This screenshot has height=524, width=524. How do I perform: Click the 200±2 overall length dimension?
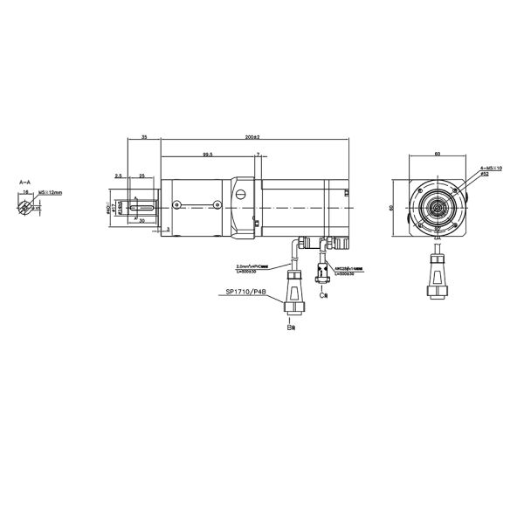pos(254,138)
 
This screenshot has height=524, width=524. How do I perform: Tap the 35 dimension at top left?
pos(143,138)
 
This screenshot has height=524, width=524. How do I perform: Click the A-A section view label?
pos(25,183)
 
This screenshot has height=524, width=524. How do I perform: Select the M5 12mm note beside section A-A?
pos(52,191)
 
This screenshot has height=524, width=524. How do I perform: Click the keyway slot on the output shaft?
pos(141,207)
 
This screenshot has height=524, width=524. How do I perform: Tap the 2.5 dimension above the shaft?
pos(117,176)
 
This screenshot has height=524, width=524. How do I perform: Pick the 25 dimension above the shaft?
pos(141,176)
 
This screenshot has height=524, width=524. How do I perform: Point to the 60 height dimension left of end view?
pos(392,207)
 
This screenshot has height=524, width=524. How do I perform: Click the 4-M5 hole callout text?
pos(492,170)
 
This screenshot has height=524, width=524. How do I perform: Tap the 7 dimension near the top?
pos(259,154)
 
